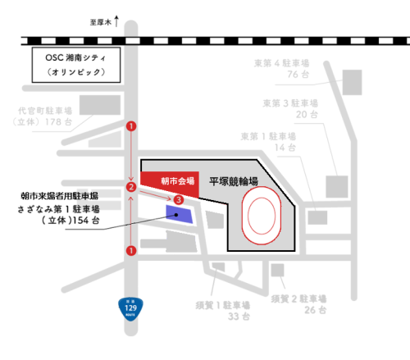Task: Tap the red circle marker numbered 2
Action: pos(130,188)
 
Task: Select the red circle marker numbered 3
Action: pos(178,199)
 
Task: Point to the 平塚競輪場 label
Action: pos(233,180)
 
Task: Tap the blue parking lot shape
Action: pos(180,215)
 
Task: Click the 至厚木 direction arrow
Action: pos(116,22)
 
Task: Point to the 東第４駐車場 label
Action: pos(284,63)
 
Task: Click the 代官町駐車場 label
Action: pos(45,110)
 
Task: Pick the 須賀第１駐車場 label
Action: pos(221,303)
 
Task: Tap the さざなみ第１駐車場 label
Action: pos(59,209)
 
